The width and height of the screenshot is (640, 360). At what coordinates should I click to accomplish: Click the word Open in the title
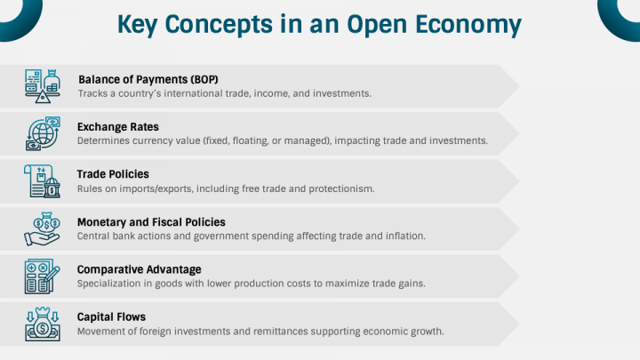tap(377, 25)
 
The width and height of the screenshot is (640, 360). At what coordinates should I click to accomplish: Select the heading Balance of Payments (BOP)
tap(148, 79)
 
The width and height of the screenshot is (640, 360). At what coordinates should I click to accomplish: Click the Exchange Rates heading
tap(118, 127)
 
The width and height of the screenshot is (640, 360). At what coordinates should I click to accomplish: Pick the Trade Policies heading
tap(113, 174)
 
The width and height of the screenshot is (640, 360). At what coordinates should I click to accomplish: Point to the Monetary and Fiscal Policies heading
tap(151, 222)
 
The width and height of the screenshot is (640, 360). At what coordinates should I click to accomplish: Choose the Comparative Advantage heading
tap(140, 269)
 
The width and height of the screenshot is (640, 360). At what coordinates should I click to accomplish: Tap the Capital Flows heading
tap(111, 316)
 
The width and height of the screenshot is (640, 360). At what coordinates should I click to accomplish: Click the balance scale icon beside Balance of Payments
tap(43, 85)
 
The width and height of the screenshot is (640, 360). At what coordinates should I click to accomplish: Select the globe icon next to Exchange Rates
tap(43, 133)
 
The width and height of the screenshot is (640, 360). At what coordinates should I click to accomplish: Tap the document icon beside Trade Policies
tap(42, 181)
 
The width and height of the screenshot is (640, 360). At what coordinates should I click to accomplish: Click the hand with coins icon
tap(42, 229)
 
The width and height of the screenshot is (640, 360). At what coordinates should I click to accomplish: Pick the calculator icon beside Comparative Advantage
tap(42, 276)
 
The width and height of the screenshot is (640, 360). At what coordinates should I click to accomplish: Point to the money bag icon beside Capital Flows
tap(43, 324)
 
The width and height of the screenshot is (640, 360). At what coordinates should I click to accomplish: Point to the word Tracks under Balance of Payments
tap(92, 93)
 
